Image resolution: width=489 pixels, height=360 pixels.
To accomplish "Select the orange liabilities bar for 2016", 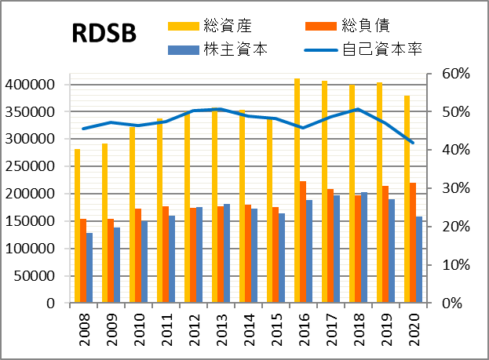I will point(303,242).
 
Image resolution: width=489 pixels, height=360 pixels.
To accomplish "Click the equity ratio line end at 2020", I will point(413,143).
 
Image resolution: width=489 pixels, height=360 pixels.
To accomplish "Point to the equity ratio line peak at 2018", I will point(358,109).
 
